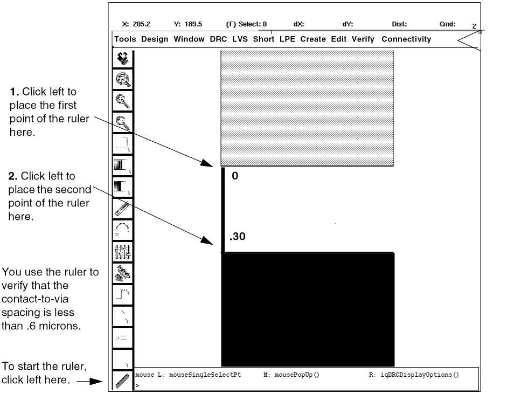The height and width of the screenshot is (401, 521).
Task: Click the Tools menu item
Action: pyautogui.click(x=125, y=39)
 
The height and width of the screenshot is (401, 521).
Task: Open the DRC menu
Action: pyautogui.click(x=218, y=39)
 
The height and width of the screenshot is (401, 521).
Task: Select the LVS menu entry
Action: pyautogui.click(x=240, y=39)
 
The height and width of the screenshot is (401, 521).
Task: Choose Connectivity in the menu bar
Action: pyautogui.click(x=406, y=39)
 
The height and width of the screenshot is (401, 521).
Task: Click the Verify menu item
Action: pyautogui.click(x=363, y=39)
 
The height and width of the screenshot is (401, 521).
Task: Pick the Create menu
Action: pyautogui.click(x=313, y=39)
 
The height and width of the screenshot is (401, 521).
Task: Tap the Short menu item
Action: pyautogui.click(x=263, y=39)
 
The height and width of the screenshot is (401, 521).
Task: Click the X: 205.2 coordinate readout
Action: pyautogui.click(x=136, y=24)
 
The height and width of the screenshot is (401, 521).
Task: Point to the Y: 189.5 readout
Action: pyautogui.click(x=188, y=24)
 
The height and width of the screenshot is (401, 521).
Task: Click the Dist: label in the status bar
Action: pyautogui.click(x=399, y=24)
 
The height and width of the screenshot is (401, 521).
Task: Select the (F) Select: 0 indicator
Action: pyautogui.click(x=246, y=24)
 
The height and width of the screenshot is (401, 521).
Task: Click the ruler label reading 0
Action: pyautogui.click(x=234, y=176)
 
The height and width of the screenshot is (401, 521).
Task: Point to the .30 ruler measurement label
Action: pyautogui.click(x=238, y=237)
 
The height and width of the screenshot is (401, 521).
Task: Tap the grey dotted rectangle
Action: pyautogui.click(x=307, y=108)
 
